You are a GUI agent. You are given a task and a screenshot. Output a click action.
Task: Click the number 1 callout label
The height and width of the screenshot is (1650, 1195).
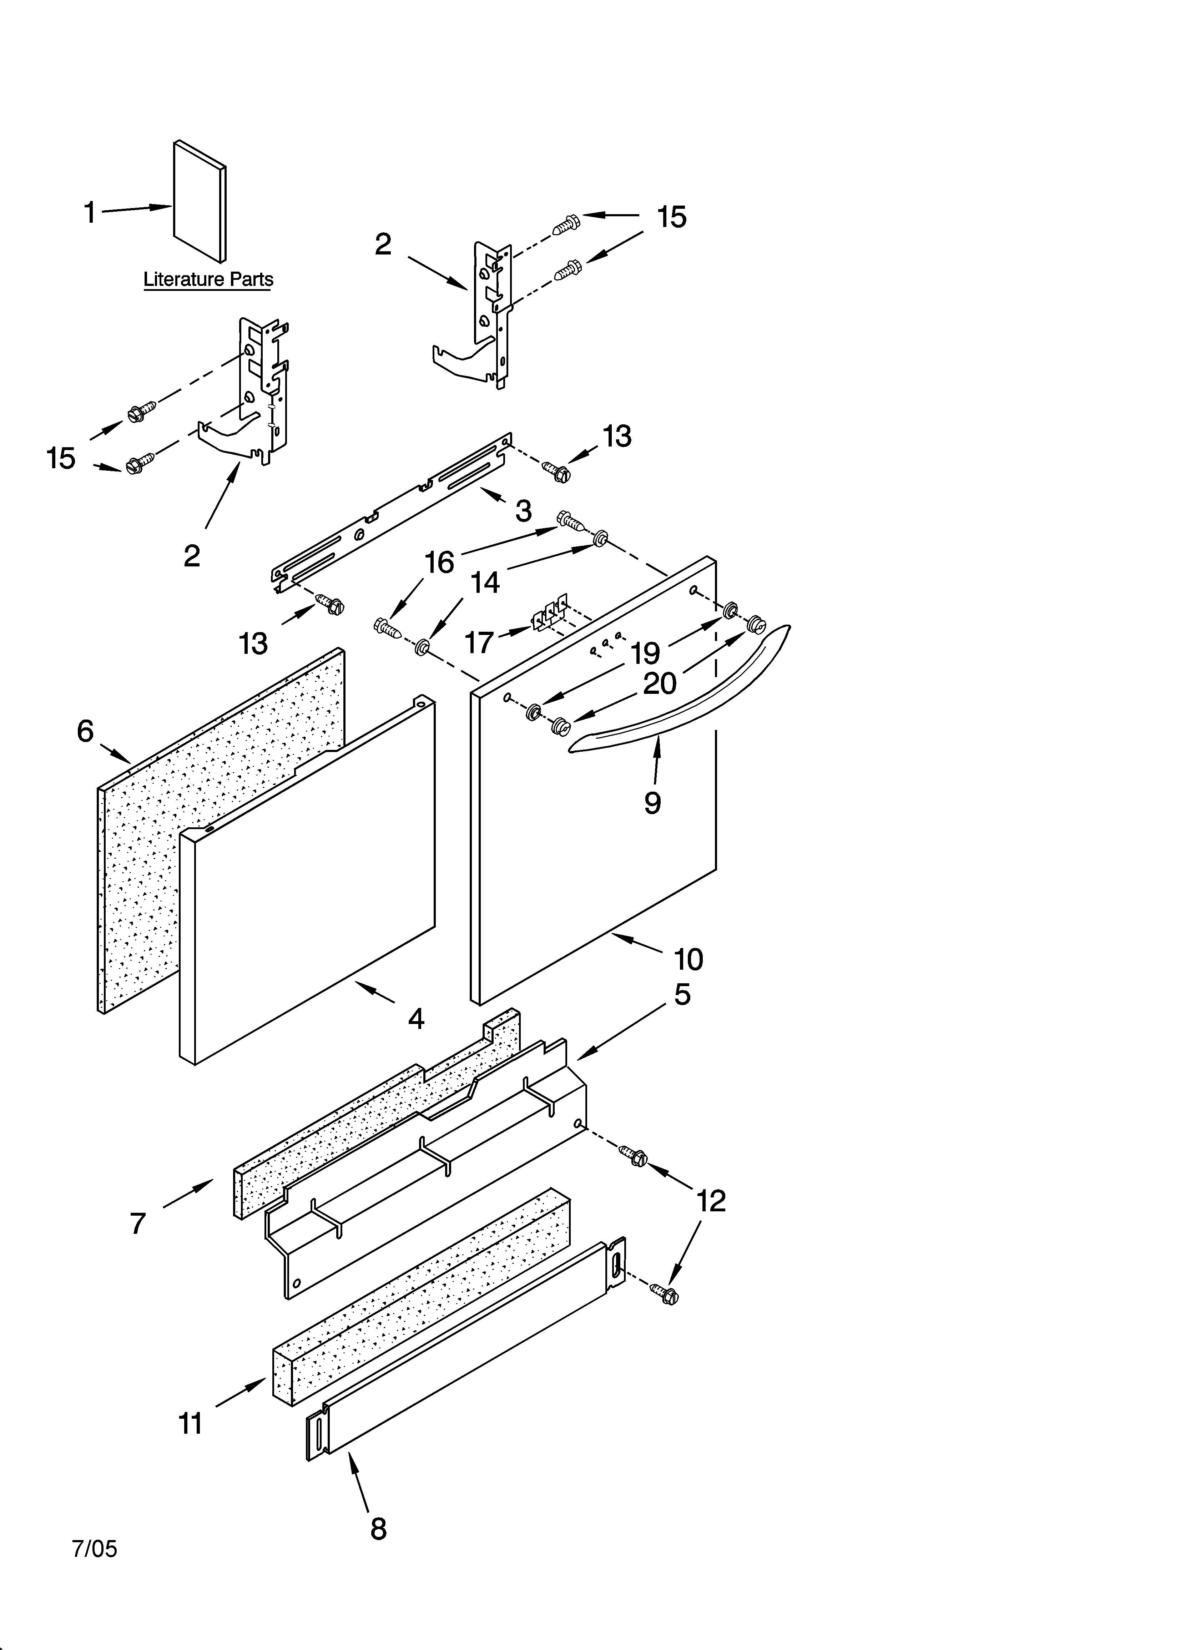pyautogui.click(x=90, y=213)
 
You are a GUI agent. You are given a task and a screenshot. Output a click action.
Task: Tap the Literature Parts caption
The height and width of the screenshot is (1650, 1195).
pyautogui.click(x=208, y=279)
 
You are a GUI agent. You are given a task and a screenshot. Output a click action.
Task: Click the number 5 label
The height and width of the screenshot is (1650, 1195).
pyautogui.click(x=682, y=994)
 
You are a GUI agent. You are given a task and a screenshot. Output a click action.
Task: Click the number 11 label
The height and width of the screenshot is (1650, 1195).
pyautogui.click(x=190, y=1423)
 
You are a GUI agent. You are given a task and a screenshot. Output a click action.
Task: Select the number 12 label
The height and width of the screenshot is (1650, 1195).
pyautogui.click(x=711, y=1201)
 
